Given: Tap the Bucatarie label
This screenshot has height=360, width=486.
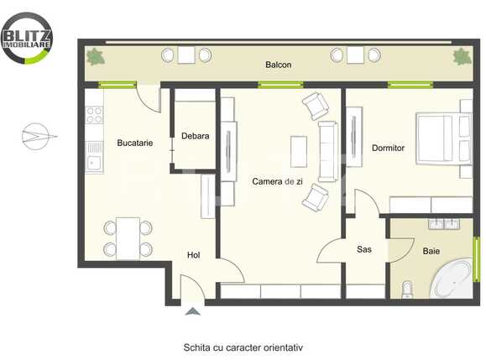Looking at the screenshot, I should tap(134, 143).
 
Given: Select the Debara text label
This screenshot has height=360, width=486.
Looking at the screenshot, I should tap(195, 135).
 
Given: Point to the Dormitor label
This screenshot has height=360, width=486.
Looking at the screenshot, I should tap(388, 148).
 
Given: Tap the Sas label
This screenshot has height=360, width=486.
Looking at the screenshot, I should tap(364, 249).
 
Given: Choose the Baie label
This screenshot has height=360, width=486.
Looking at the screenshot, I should tap(431, 250).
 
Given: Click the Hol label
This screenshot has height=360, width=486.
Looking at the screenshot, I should tap(193, 256).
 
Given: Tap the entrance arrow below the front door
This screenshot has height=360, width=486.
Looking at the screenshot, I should tap(193, 312).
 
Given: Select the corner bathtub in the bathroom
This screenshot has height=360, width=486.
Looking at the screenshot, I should tap(452, 279).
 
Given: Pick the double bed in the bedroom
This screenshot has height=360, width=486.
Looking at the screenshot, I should tap(443, 138).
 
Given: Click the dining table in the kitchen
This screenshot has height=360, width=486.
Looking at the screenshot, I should tap(128, 237).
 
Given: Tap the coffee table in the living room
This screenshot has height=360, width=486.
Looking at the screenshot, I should tap(298, 151).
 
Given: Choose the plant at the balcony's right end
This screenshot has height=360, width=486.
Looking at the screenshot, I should tap(461, 56).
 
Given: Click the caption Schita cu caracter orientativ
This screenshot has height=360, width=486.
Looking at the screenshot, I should tap(243, 346).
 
